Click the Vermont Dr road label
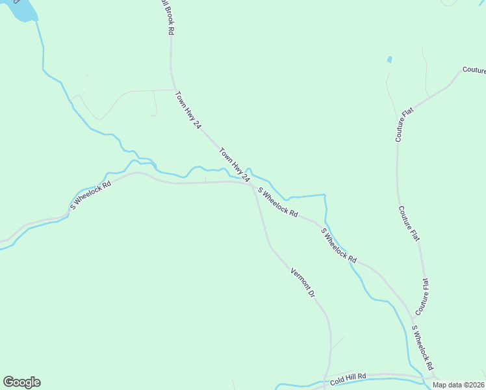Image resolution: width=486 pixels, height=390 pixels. coord(303,283)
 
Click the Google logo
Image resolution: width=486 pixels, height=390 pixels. coord(21,382)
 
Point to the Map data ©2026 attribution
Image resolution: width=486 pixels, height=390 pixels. coord(458,384)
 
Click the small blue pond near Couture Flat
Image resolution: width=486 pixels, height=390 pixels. coord(390,60)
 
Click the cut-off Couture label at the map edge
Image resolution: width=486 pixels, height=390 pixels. coord(474,70)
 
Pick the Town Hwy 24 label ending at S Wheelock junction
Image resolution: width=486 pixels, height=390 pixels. coord(234,165)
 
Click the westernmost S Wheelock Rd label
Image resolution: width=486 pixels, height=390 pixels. coord(91,195)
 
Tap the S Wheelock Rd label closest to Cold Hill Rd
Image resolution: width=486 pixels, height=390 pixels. coord(423,344)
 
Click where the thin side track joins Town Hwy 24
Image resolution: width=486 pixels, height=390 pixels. coord(173,90)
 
